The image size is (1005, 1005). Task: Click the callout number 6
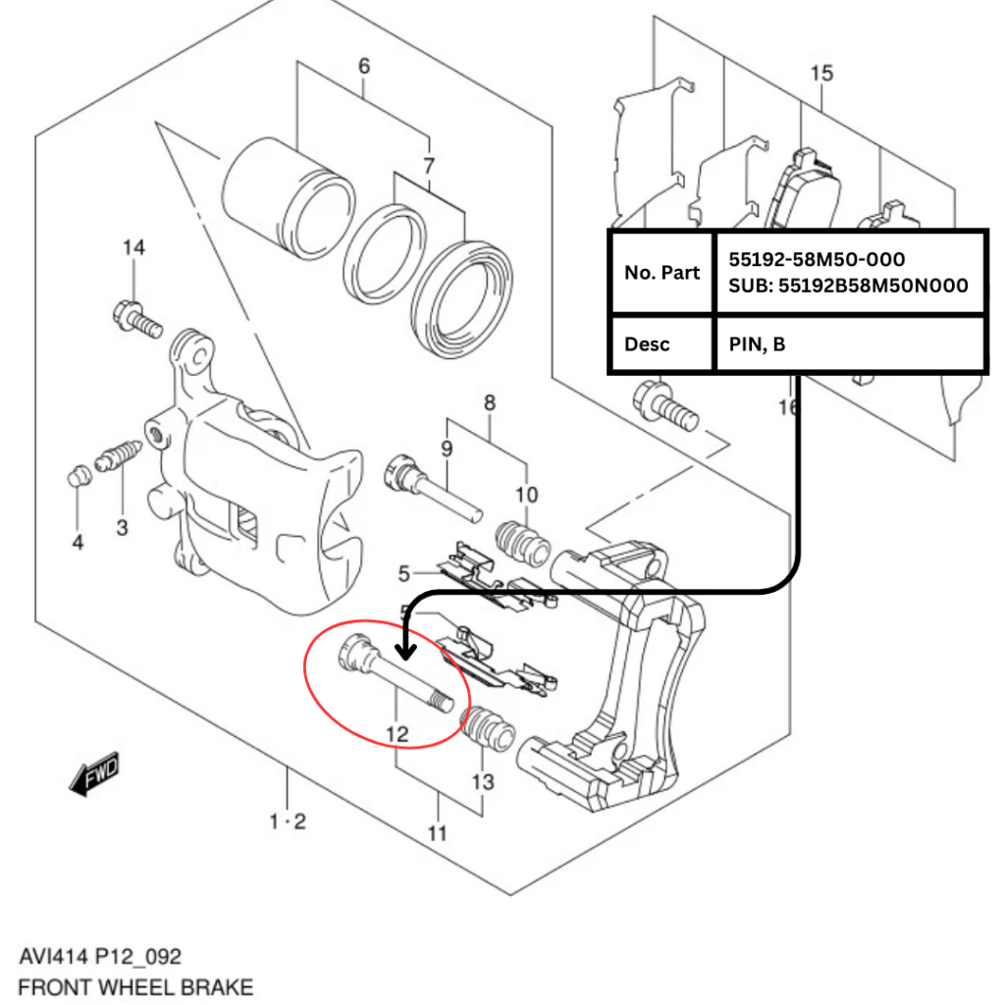tap(364, 67)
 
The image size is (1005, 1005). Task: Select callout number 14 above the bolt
tap(133, 247)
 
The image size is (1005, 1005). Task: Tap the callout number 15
tap(821, 73)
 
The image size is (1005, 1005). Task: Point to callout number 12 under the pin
tap(396, 733)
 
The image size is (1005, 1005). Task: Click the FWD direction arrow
tap(94, 775)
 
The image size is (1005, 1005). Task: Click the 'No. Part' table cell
tap(662, 272)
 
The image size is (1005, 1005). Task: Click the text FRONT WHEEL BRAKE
tap(135, 986)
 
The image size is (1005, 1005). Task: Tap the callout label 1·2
tap(288, 821)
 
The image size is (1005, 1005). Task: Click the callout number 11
tap(438, 833)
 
